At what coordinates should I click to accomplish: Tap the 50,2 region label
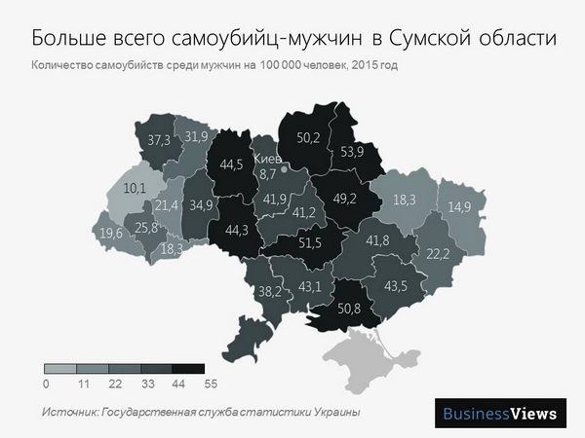coord(308,137)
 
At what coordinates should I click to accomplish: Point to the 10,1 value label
coord(135,188)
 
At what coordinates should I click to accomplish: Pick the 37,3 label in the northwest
coord(159,140)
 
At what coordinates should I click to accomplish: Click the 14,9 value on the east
coord(459,206)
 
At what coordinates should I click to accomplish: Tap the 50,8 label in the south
coord(350,309)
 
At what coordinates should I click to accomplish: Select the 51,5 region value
coord(309,243)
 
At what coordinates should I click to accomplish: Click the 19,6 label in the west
coord(111,234)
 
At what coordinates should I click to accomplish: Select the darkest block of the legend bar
coord(188,369)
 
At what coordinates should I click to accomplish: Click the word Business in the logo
coord(475,414)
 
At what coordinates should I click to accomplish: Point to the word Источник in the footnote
coord(69,413)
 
